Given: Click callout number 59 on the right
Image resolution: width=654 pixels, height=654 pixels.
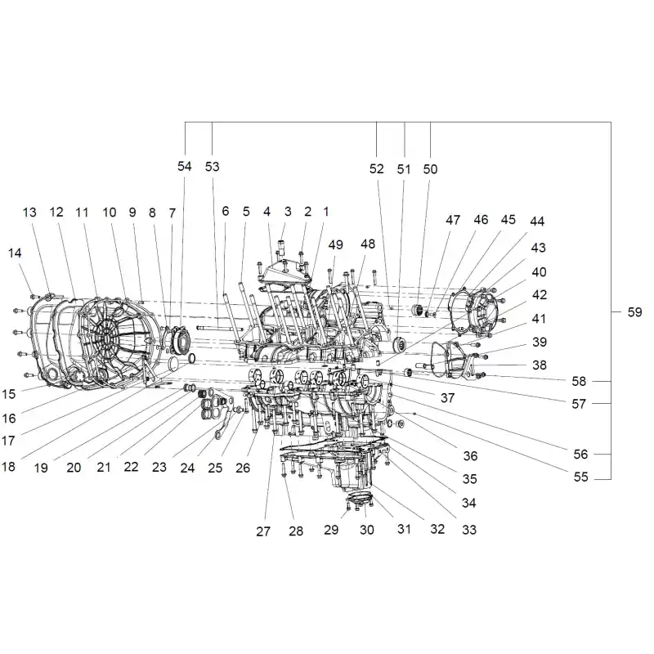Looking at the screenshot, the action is pyautogui.click(x=634, y=312).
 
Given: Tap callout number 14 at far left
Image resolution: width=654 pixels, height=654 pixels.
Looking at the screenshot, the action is pyautogui.click(x=15, y=253).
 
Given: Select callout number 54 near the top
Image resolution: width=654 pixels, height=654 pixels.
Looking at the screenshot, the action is pyautogui.click(x=185, y=166).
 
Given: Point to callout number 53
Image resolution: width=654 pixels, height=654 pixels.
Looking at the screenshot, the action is pyautogui.click(x=212, y=167).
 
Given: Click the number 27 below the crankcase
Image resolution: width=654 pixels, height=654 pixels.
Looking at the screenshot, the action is pyautogui.click(x=263, y=531).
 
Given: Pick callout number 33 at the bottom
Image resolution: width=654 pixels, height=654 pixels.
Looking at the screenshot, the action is pyautogui.click(x=469, y=529).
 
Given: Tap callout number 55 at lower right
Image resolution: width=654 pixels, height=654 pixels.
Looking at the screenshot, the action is pyautogui.click(x=580, y=477).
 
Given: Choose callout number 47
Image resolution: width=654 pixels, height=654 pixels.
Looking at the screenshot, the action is pyautogui.click(x=453, y=220).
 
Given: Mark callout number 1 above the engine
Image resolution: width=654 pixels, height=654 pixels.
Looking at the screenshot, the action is pyautogui.click(x=326, y=212).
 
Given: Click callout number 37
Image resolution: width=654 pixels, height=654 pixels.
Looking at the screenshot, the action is pyautogui.click(x=447, y=397).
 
